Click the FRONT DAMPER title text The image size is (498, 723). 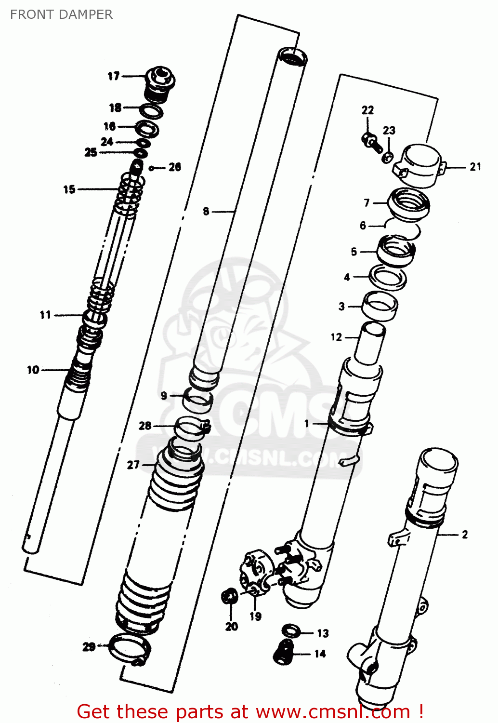coord(61,14)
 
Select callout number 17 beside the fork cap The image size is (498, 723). coord(113,76)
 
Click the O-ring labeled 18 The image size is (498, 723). coord(151,111)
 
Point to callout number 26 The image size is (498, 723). coord(174,167)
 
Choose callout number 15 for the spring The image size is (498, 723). coord(69,189)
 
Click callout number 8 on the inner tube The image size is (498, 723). coord(206,211)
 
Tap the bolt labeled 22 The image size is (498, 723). coord(371,141)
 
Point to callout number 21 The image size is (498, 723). coord(475,167)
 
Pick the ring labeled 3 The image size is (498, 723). coord(380,306)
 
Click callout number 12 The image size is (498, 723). coord(336,337)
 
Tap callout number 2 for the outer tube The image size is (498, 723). coord(464,535)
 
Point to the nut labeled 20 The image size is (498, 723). coord(230,597)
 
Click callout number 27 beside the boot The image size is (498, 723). coord(133,465)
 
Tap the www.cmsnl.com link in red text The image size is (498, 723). coord(333,712)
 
